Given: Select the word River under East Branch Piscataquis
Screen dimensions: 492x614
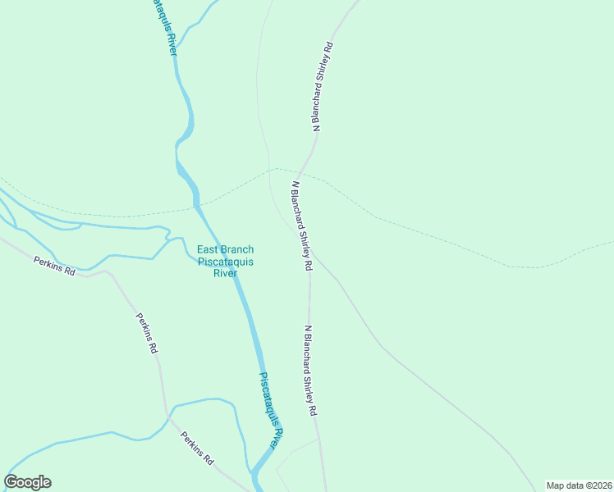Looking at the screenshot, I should tap(225, 273).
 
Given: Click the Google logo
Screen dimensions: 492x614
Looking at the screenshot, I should tap(27, 482).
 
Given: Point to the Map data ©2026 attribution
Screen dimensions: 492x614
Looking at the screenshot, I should tap(579, 485).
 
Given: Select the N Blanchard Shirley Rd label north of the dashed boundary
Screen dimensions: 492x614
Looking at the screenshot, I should tap(323, 86).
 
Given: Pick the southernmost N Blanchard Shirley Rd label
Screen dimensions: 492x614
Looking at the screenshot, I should tap(309, 371).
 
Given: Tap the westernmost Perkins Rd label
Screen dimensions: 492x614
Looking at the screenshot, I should tap(55, 266).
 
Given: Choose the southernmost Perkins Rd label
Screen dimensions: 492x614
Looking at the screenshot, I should tap(197, 449).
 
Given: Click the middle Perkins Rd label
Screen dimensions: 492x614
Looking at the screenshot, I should tap(147, 332).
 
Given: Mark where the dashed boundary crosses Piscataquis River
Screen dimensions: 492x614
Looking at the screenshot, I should tap(196, 203).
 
